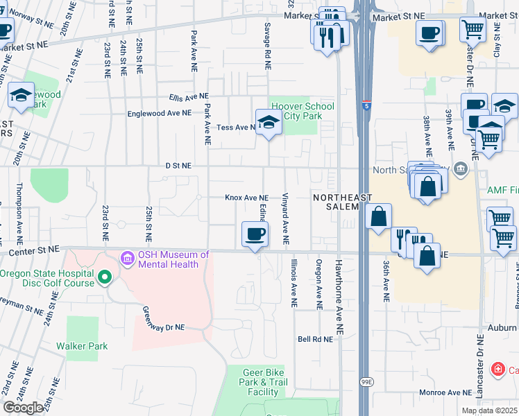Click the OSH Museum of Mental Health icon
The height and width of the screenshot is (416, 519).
click(x=127, y=260)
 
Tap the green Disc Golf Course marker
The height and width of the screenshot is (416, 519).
click(x=105, y=278)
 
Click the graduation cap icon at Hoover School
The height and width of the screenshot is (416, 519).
click(x=268, y=123)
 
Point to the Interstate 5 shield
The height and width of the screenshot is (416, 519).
click(x=365, y=105)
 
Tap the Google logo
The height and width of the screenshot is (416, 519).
click(x=23, y=408)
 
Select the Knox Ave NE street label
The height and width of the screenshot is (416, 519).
click(x=246, y=198)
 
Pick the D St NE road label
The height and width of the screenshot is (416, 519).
click(x=178, y=166)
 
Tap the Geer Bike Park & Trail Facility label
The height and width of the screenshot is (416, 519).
click(x=263, y=382)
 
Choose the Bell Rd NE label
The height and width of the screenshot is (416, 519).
click(x=312, y=339)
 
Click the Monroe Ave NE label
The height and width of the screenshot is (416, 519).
click(x=444, y=392)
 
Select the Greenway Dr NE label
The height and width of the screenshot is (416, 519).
click(x=164, y=318)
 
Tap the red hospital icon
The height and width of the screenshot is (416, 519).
click(x=497, y=369)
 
